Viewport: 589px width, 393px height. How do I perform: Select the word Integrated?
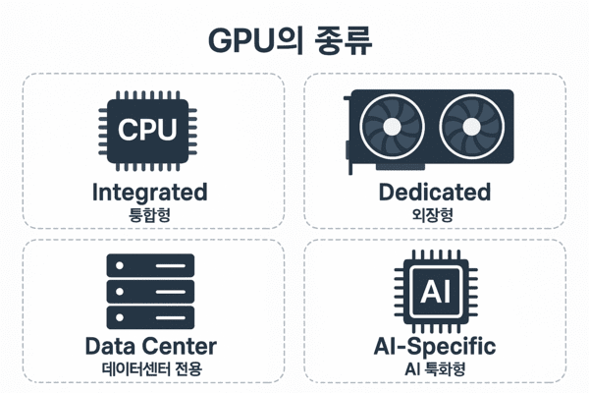coord(149,191)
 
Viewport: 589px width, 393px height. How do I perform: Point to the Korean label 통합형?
coord(149,215)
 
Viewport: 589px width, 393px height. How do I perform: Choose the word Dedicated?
coord(434,191)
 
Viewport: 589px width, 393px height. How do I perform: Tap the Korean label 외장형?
coord(434,215)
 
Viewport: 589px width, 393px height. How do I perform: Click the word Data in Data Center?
coord(111,346)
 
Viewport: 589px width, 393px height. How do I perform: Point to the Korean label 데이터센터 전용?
coord(150,370)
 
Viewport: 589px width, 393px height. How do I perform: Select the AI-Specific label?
coord(434,346)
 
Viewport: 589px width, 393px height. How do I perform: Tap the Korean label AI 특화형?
coord(434,370)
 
